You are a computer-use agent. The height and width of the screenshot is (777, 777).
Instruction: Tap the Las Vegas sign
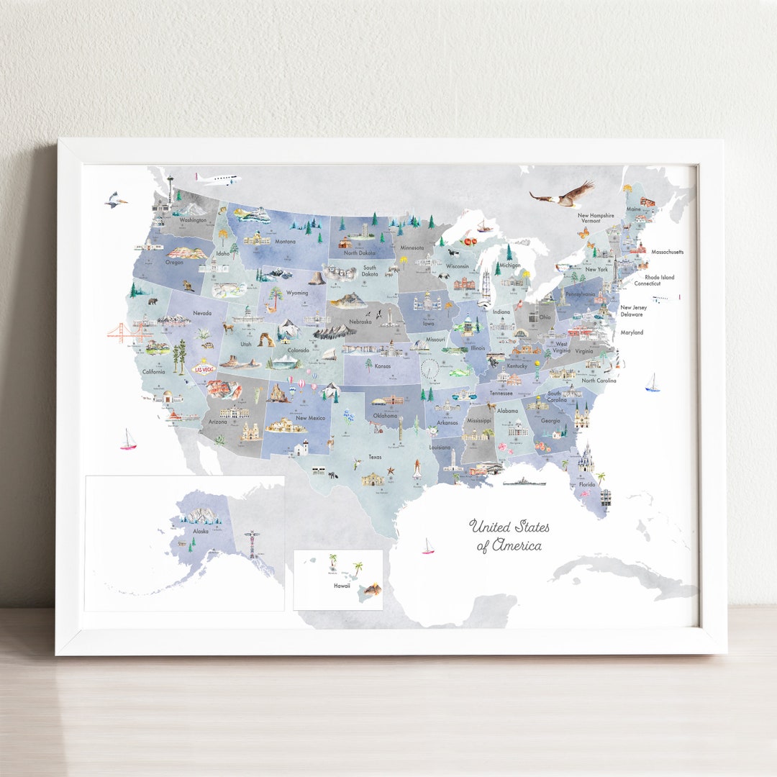[x=204, y=368]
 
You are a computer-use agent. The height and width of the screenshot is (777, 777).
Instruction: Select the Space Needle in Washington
[x=171, y=189]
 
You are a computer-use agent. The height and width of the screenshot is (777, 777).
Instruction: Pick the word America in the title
[x=516, y=545]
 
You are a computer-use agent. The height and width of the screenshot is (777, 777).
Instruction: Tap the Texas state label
[x=376, y=457]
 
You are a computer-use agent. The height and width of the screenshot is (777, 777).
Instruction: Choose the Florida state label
[x=587, y=484]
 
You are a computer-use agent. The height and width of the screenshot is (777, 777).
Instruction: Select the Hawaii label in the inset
[x=341, y=586]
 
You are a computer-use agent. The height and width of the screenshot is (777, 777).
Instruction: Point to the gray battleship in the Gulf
[x=524, y=481]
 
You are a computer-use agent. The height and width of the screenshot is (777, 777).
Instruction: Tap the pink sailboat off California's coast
[x=129, y=440]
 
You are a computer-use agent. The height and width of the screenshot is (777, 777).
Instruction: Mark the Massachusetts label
[x=667, y=252]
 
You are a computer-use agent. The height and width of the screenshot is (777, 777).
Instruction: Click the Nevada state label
[x=201, y=313]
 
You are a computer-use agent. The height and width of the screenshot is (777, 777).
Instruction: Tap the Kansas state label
[x=383, y=365]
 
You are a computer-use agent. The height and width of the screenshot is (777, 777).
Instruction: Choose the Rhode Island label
[x=659, y=277]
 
